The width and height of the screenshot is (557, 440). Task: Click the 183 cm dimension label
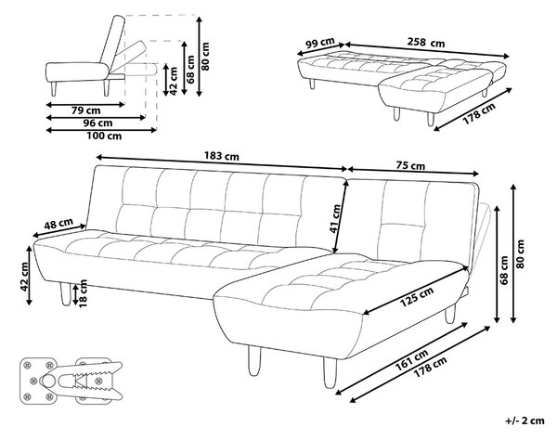(222, 156)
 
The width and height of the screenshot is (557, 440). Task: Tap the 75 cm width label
(410, 165)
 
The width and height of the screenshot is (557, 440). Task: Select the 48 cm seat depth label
(58, 224)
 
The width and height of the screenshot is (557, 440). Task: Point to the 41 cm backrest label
(335, 219)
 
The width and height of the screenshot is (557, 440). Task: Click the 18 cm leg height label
(83, 293)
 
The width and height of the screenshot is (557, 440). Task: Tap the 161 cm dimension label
(411, 360)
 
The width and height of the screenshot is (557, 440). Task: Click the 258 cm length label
(426, 43)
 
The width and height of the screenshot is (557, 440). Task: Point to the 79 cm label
(86, 110)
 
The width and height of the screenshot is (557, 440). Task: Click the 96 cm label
(97, 123)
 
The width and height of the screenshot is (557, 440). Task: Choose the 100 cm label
(104, 136)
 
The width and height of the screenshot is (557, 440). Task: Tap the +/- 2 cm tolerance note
(525, 421)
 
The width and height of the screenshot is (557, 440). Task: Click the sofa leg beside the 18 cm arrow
(66, 294)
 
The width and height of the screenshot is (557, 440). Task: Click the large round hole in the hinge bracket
(47, 381)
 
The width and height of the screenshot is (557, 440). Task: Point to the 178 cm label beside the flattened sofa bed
(479, 113)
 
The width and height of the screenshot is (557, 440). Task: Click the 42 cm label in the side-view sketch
(174, 81)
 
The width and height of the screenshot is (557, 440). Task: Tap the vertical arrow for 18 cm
(75, 294)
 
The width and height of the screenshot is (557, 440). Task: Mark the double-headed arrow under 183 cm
(222, 162)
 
